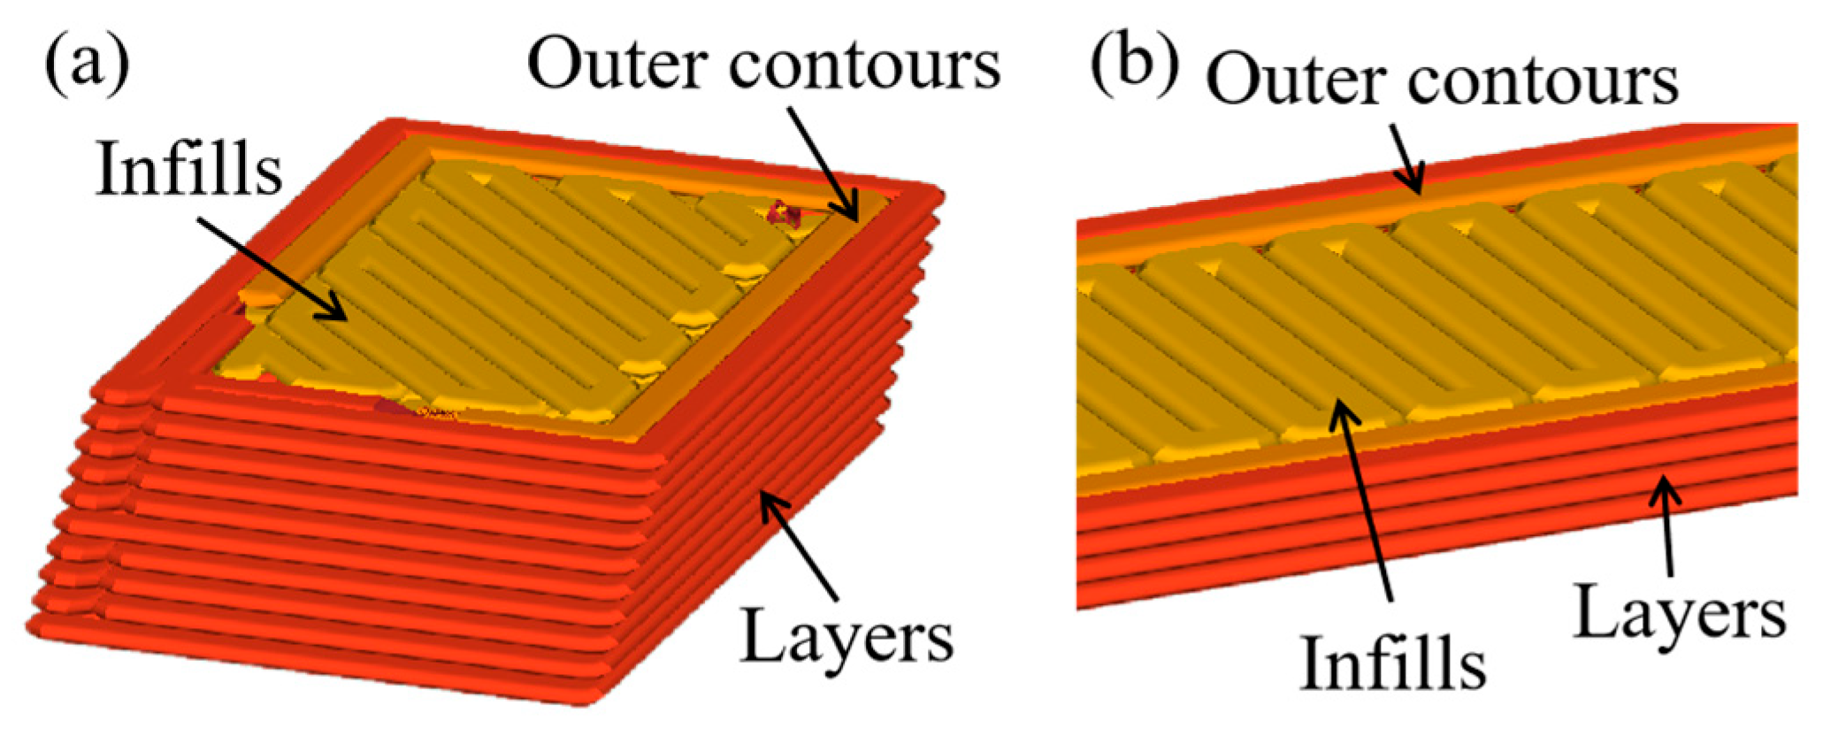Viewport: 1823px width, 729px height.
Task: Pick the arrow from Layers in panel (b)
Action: coord(1667,526)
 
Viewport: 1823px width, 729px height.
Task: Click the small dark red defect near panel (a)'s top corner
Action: coord(784,212)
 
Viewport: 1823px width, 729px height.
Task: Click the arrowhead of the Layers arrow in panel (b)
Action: coord(1665,486)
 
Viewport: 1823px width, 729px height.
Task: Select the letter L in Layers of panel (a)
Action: coord(762,633)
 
